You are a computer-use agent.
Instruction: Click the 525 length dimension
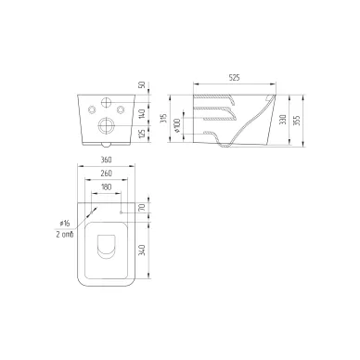[x=235, y=78]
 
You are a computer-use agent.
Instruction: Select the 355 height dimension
[x=296, y=121]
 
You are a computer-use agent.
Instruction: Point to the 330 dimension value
[x=283, y=120]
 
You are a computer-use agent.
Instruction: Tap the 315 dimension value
[x=164, y=119]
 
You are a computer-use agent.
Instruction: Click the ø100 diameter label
[x=177, y=125]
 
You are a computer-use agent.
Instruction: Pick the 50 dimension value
[x=142, y=84]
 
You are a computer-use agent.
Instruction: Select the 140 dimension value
[x=142, y=113]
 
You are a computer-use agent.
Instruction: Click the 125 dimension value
[x=142, y=135]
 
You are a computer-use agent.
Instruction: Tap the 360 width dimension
[x=106, y=160]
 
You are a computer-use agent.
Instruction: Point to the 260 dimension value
[x=106, y=174]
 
